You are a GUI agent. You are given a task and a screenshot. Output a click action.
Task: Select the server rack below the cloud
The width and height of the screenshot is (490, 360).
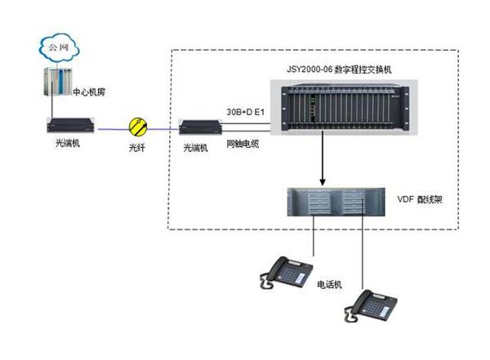(57, 85)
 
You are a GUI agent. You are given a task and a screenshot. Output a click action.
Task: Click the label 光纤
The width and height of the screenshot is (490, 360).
(137, 150)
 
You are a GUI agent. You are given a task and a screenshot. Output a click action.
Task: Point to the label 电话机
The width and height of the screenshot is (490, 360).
(329, 283)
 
